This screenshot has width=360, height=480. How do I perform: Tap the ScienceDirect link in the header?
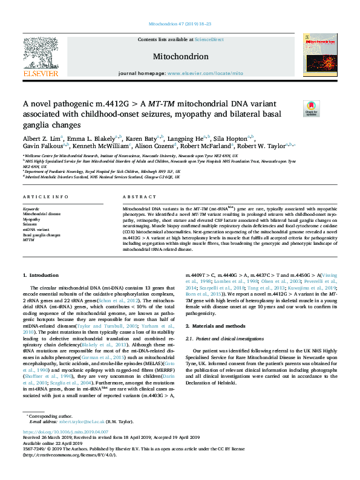[x=210, y=39]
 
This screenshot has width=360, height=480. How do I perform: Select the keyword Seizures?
[x=31, y=224]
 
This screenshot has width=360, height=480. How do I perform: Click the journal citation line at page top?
[x=180, y=24]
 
